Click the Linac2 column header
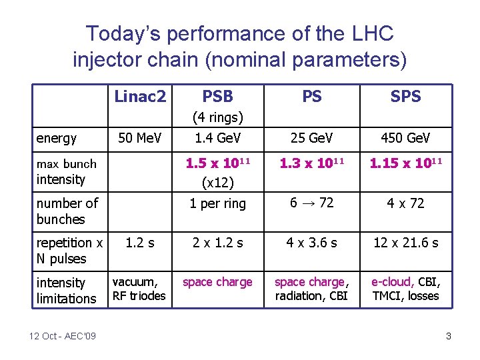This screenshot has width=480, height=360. (140, 97)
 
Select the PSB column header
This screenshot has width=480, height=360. (217, 97)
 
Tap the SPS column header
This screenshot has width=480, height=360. (405, 97)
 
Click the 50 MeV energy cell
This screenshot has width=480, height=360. (140, 138)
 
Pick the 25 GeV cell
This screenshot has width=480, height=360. (311, 138)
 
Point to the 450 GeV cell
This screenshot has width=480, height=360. (405, 138)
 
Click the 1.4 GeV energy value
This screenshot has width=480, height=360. (217, 138)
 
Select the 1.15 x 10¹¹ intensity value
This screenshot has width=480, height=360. (405, 163)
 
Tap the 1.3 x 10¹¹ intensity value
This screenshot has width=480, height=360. (311, 163)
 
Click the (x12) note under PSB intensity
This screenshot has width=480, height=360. (217, 181)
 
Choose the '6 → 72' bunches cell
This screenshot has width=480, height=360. (311, 203)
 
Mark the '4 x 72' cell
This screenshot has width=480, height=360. (405, 203)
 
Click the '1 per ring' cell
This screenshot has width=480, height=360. (217, 203)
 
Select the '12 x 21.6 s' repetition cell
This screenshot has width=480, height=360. (405, 243)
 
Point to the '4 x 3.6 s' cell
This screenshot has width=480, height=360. (311, 243)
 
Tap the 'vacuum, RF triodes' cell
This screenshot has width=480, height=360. (139, 289)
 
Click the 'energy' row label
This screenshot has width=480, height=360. (57, 139)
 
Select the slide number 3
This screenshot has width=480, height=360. (449, 336)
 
